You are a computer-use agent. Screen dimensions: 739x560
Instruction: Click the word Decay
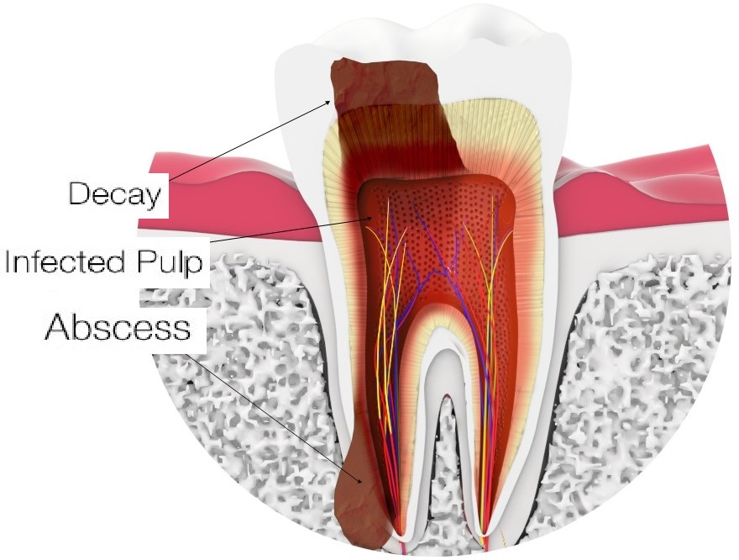point(115,194)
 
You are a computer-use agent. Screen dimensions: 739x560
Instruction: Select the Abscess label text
point(118,326)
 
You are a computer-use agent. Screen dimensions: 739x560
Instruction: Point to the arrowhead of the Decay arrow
point(331,101)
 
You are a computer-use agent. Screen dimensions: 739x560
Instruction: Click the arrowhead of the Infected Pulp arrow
point(371,218)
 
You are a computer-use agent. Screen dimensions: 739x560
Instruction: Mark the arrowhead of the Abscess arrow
point(360,481)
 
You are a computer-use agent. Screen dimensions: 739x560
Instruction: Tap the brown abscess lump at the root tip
point(360,505)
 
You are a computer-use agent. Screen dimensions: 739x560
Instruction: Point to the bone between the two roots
point(444,472)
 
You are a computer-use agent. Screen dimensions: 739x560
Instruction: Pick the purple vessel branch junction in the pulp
point(444,271)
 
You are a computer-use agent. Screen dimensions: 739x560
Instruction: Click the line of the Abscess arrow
point(274,418)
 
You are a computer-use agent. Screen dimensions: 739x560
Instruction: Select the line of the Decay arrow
point(249,140)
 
